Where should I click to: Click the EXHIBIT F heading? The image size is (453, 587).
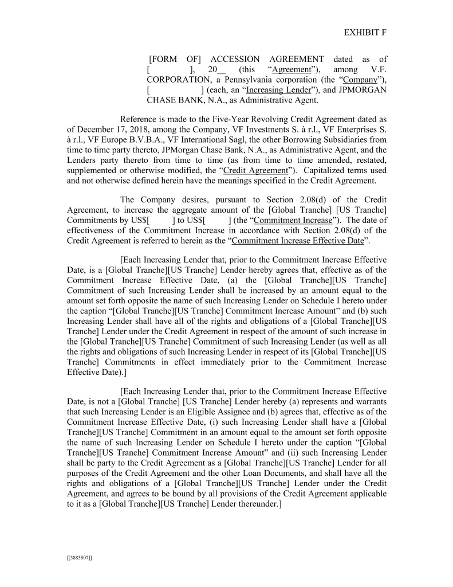tap(365, 33)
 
